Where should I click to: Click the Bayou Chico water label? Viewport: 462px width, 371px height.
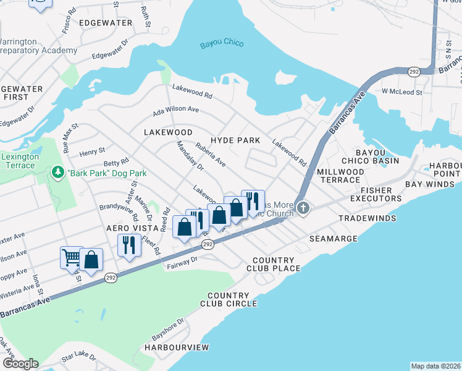click(222, 44)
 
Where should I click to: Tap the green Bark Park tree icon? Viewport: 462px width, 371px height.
click(57, 171)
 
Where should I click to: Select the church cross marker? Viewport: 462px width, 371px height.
click(303, 208)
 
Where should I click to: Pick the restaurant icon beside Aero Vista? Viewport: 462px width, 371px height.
click(128, 244)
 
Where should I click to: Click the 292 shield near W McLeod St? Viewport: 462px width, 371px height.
click(413, 72)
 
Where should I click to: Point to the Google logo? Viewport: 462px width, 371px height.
click(20, 364)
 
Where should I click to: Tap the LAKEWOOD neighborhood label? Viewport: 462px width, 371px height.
click(168, 132)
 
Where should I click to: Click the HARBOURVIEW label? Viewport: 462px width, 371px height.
click(177, 348)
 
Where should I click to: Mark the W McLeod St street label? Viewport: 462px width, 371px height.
click(401, 92)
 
